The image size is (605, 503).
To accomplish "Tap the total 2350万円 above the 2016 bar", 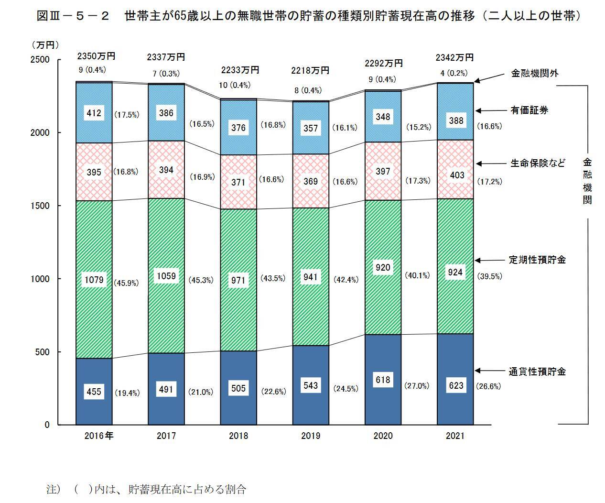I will (x=96, y=56).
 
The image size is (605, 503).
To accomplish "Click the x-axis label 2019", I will (x=311, y=436).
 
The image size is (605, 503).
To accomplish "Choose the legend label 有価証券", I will (x=529, y=110).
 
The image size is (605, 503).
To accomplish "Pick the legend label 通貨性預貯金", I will (x=537, y=372).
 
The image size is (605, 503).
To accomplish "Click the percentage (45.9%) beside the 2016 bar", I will (x=127, y=283).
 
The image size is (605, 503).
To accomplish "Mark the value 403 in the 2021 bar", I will (x=456, y=175).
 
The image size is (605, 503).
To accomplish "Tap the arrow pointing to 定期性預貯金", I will (x=489, y=260).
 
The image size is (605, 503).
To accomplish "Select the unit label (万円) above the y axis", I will (x=45, y=44).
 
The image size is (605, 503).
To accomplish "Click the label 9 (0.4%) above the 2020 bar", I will (x=382, y=79).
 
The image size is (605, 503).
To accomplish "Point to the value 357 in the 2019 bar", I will (x=311, y=128).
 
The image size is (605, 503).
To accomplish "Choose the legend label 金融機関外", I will (x=535, y=74).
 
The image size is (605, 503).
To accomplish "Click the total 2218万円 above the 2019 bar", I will (x=310, y=70).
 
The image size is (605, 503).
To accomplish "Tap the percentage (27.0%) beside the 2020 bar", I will (x=417, y=386).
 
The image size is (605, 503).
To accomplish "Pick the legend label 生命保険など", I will (x=537, y=163).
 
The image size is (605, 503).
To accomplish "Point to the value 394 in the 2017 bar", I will (x=166, y=170).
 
